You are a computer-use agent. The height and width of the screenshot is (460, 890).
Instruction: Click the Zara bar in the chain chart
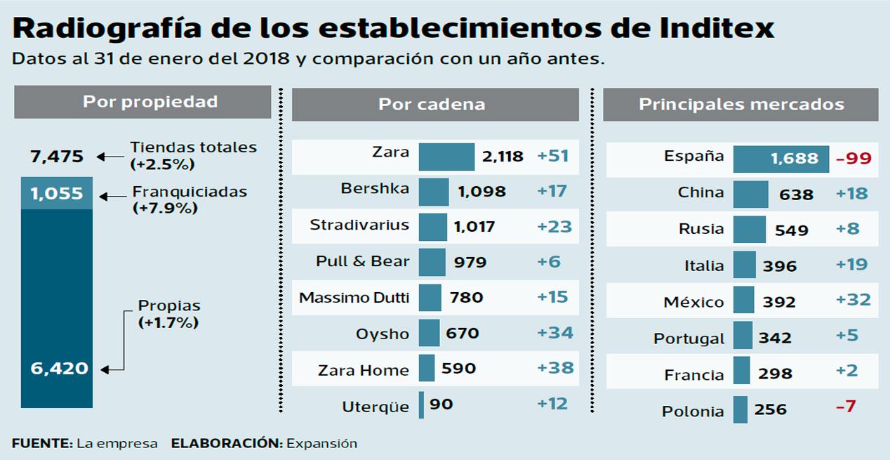[446, 157]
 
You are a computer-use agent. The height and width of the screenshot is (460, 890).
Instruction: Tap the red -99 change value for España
[854, 158]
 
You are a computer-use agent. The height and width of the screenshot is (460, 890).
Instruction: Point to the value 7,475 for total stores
[57, 157]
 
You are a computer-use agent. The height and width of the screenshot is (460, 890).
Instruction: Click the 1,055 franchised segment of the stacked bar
[57, 193]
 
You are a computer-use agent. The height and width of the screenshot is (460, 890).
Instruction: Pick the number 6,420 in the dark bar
[60, 368]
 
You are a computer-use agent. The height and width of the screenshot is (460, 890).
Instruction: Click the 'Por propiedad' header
[142, 102]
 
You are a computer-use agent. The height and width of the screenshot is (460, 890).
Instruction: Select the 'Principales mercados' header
[740, 105]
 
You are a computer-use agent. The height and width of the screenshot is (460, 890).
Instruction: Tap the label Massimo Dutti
[354, 297]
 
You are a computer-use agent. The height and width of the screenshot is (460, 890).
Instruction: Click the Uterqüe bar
[421, 405]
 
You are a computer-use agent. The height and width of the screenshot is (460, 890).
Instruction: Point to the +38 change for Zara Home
[555, 368]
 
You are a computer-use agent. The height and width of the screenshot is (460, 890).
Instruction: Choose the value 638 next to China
[796, 195]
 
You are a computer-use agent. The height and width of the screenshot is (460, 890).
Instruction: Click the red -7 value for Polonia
[846, 407]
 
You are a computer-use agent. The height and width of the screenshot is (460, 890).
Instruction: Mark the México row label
[693, 302]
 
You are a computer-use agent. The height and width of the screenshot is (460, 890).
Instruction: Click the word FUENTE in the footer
[41, 443]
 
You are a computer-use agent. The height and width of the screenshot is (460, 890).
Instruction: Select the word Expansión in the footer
[321, 443]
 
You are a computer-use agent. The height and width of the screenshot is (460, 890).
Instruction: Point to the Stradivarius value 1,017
[474, 227]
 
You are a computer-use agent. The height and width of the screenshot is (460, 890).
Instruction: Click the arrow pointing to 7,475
[108, 157]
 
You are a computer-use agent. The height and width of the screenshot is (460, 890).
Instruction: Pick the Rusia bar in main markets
[749, 230]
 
